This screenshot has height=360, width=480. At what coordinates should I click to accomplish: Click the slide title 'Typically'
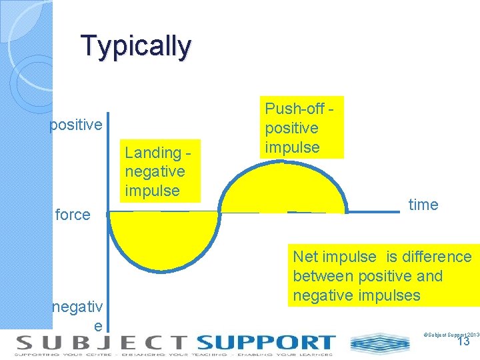(x=136, y=46)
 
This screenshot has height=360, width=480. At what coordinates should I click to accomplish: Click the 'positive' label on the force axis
(x=76, y=125)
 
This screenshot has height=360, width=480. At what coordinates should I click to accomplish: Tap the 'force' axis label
(x=73, y=215)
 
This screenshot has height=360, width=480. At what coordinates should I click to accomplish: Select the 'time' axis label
(x=423, y=205)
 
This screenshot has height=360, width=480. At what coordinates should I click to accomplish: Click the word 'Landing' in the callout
(x=153, y=153)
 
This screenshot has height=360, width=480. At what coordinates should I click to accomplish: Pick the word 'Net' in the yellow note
(x=306, y=257)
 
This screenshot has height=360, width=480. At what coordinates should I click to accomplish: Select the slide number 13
(x=463, y=341)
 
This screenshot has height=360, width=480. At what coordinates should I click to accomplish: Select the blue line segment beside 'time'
(x=373, y=212)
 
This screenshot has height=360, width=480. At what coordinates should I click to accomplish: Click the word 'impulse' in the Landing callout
(x=152, y=191)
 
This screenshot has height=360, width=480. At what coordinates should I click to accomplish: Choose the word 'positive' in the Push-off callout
(x=291, y=128)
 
